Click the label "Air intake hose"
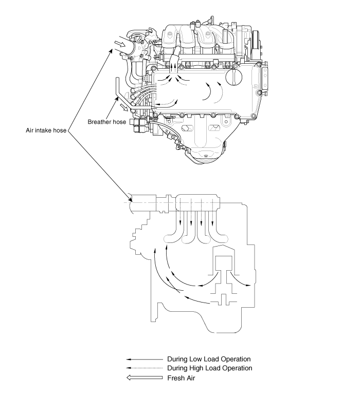tap(46, 130)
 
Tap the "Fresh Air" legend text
tap(182, 378)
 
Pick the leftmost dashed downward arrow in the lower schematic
tap(182, 214)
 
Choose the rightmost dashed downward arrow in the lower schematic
tap(210, 214)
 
